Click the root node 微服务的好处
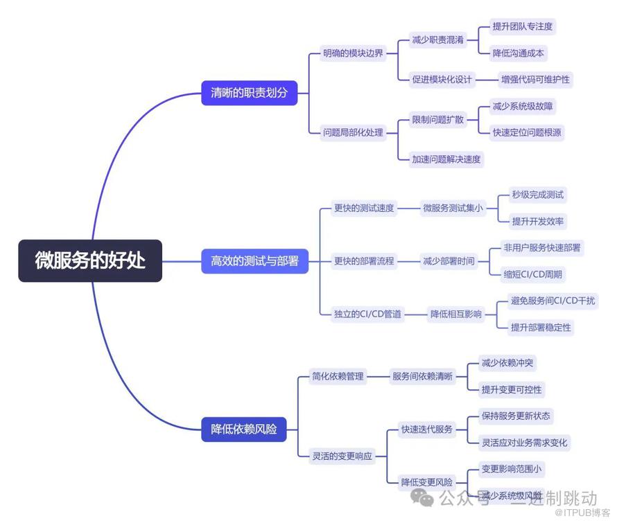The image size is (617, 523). pos(90,260)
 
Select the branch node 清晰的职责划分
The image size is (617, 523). pos(249,92)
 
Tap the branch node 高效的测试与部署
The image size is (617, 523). pos(254,261)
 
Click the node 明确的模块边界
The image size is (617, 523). pos(353,53)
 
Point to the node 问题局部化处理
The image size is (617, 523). pos(353,132)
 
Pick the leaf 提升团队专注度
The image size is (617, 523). pos(523,26)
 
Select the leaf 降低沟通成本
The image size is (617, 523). pos(519,53)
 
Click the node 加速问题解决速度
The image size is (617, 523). pos(446,159)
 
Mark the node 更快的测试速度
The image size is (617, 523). pos(364,208)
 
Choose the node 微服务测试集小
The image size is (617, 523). pos(453,208)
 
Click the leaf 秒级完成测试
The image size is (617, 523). pos(537,195)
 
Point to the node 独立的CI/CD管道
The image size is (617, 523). pos(367,314)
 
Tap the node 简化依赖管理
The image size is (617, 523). pos(338,376)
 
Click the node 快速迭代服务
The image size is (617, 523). pos(427,429)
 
